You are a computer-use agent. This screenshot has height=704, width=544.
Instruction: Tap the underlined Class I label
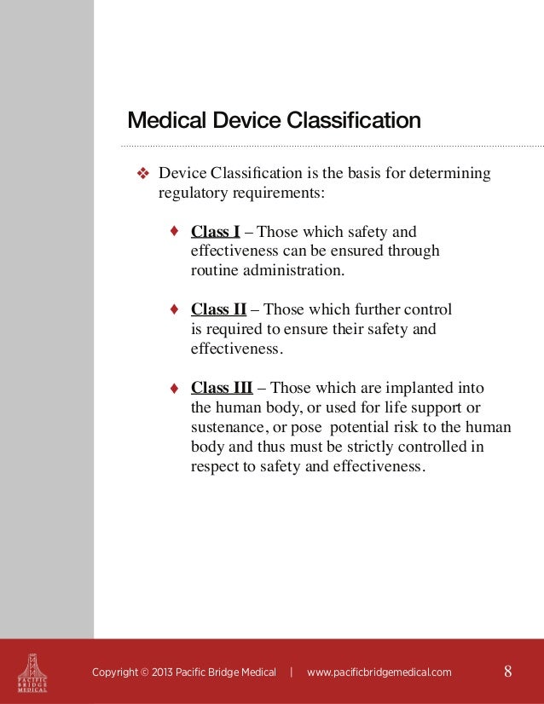pos(215,232)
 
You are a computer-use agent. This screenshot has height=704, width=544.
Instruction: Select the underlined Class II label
pos(219,309)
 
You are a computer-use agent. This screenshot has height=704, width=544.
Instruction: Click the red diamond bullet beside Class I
pos(174,231)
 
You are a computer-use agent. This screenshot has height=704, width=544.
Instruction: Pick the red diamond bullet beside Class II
pos(174,309)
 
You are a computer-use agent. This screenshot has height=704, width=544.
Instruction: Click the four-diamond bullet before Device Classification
pos(143,175)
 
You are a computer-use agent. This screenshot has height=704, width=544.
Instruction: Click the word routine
pos(212,271)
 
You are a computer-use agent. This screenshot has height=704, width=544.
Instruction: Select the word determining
pos(451,175)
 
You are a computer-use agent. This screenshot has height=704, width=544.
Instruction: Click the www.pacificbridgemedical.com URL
pos(379,672)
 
